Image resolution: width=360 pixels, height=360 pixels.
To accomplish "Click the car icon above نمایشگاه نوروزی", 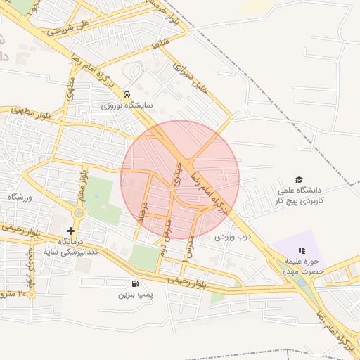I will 127,94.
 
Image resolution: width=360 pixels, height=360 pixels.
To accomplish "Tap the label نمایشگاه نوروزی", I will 127,105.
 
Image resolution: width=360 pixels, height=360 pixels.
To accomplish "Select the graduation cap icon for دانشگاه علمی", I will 299,180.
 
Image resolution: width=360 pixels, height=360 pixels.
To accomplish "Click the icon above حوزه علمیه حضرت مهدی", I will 302,250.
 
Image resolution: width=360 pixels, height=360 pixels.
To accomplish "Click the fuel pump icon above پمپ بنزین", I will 134,283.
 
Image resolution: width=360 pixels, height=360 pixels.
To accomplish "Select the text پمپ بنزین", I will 136,295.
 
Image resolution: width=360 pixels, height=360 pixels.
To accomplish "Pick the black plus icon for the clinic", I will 70,231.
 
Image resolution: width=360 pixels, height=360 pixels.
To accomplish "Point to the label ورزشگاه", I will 20,198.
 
